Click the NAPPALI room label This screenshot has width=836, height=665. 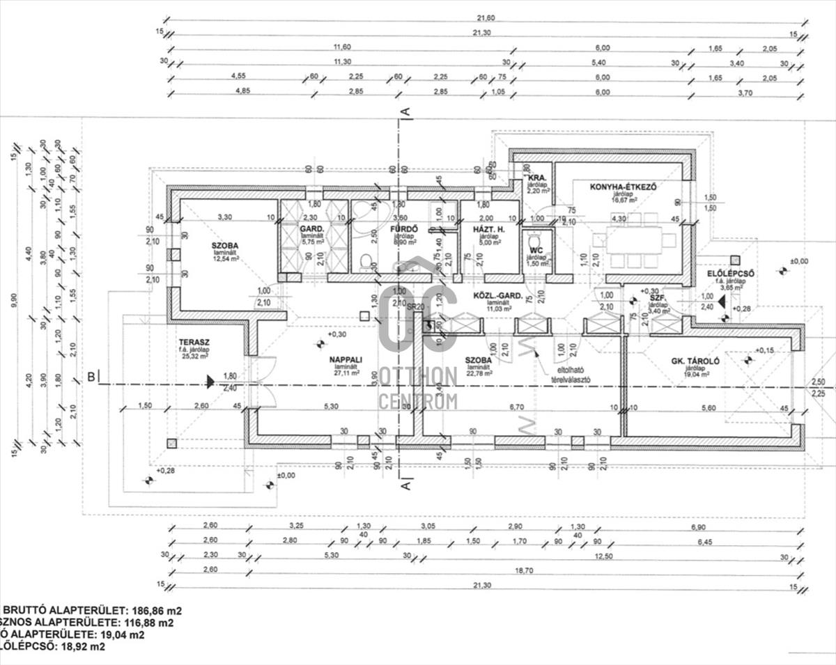click(x=343, y=360)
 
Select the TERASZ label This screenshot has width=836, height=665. click(x=194, y=343)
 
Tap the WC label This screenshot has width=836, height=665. click(x=536, y=250)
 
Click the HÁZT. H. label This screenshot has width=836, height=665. click(x=488, y=228)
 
